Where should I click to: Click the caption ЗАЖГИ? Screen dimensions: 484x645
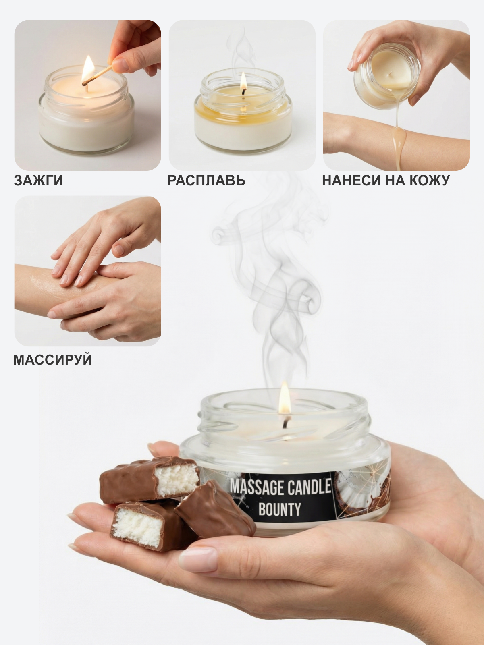[x=39, y=180]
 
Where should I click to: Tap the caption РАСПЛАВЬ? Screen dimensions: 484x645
[x=206, y=180]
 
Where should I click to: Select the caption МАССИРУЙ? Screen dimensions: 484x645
[x=53, y=359]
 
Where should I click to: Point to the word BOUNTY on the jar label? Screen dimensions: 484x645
[x=279, y=510]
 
